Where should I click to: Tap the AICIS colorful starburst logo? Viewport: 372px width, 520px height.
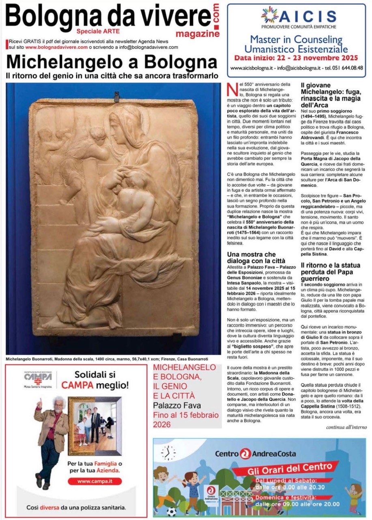pyautogui.click(x=269, y=15)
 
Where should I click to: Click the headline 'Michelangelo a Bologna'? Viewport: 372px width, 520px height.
pyautogui.click(x=112, y=62)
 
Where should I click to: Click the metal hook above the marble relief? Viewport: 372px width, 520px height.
pyautogui.click(x=117, y=96)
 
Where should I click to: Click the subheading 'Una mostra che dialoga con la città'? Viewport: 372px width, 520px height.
pyautogui.click(x=256, y=258)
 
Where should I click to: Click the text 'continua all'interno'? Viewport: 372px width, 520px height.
pyautogui.click(x=346, y=427)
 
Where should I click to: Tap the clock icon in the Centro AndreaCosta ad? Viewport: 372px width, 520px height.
pyautogui.click(x=168, y=453)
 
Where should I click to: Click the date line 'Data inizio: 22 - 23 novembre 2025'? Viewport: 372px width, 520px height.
pyautogui.click(x=296, y=58)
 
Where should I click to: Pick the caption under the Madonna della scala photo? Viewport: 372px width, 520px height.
pyautogui.click(x=107, y=359)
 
